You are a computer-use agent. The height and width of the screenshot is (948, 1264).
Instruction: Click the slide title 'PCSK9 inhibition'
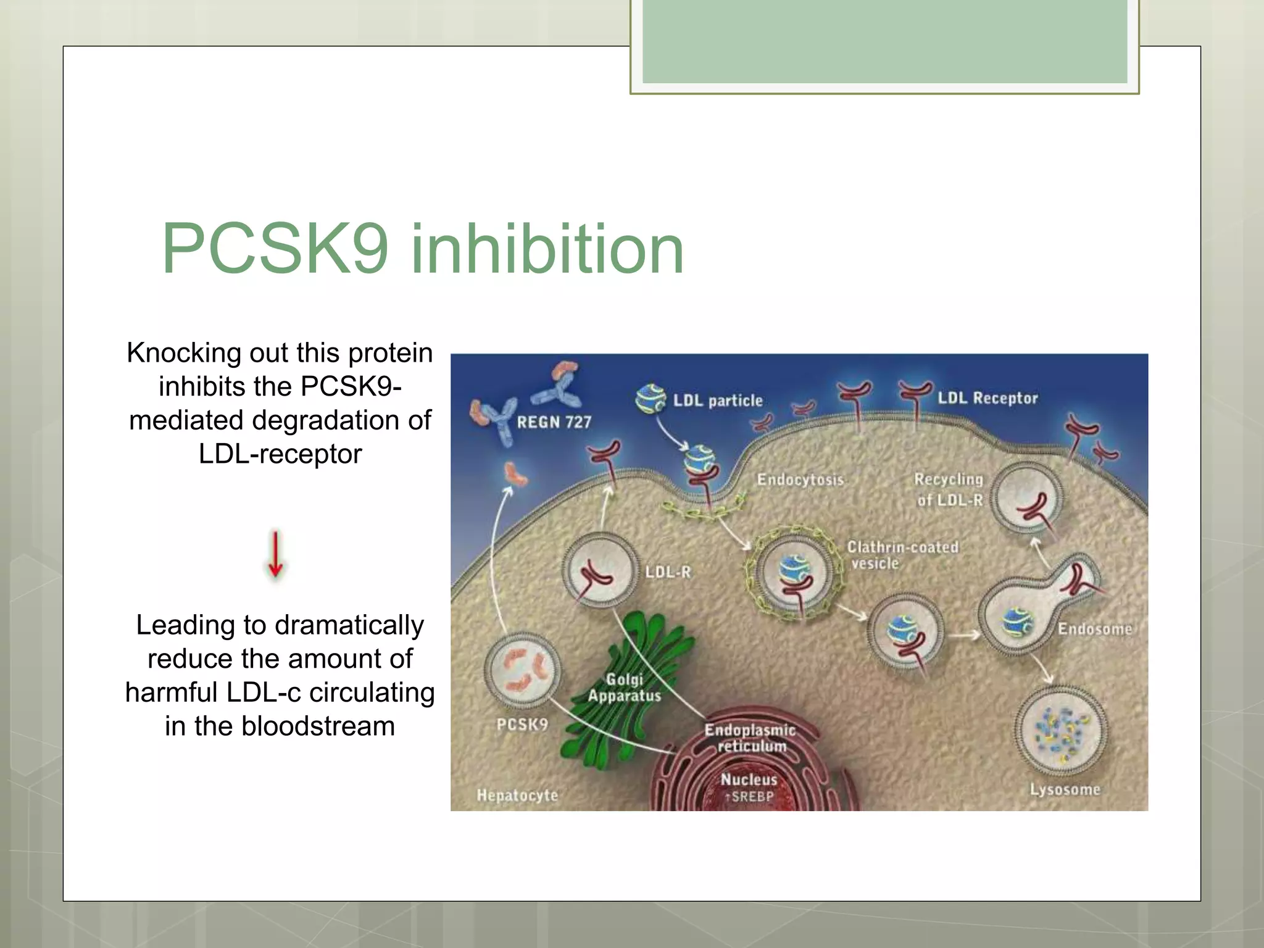coord(423,249)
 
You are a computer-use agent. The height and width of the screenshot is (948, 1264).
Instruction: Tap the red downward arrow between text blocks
coord(275,554)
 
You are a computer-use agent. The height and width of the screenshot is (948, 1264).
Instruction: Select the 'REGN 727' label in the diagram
coord(554,422)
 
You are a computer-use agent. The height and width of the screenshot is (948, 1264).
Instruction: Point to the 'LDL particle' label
coord(718,401)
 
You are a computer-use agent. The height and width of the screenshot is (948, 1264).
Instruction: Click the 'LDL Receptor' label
coord(987,398)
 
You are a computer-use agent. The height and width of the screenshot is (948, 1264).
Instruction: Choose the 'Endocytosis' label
coord(800,480)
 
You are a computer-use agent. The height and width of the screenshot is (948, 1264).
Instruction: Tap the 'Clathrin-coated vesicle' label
coord(902,555)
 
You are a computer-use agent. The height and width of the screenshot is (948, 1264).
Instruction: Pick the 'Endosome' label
coord(1094,629)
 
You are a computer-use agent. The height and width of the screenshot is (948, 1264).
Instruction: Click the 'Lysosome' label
coord(1065,789)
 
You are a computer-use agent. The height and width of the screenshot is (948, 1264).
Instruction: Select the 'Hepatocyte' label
coord(517,796)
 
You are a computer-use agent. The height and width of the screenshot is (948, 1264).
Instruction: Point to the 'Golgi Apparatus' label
coord(624,688)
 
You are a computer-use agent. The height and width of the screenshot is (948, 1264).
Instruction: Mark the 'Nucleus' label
coord(749,780)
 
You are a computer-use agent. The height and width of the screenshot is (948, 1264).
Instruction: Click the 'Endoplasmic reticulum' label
coord(750,738)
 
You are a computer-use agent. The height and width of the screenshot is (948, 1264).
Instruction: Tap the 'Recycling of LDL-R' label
coord(949,489)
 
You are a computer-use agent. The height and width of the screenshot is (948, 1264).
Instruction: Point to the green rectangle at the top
coord(884,41)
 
